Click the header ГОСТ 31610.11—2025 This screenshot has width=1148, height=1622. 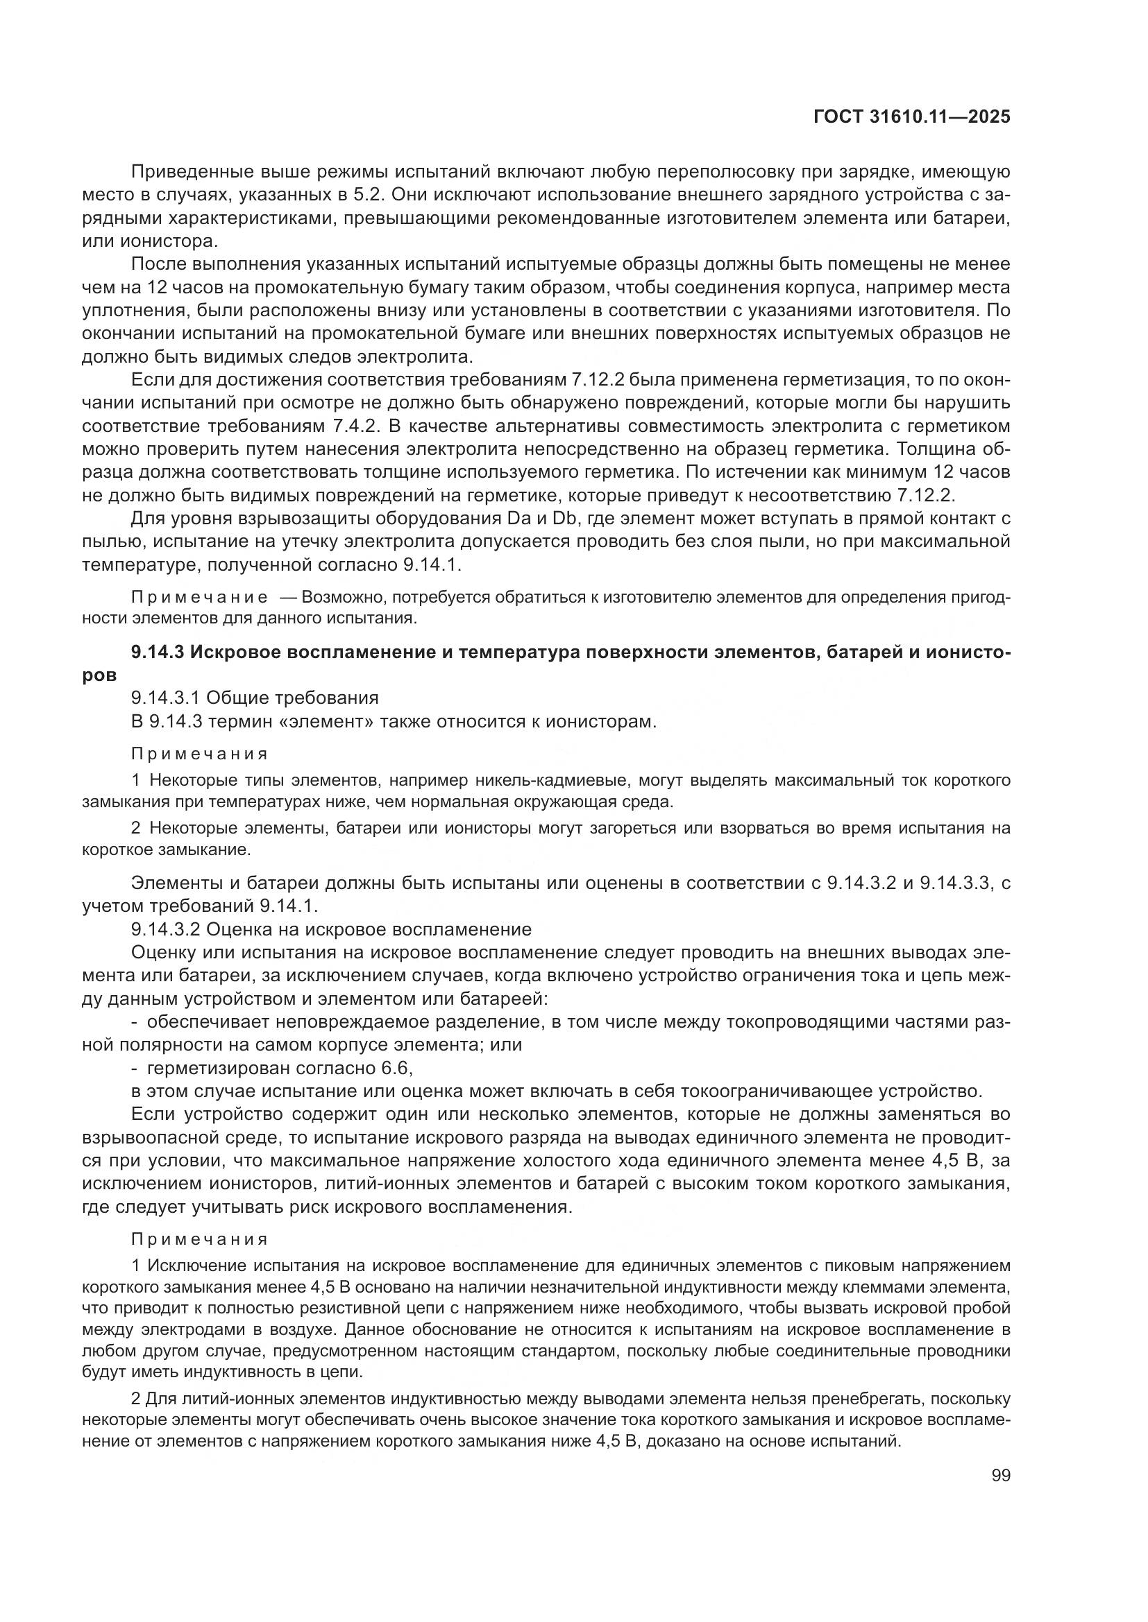(911, 117)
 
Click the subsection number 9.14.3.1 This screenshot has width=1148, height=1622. (166, 698)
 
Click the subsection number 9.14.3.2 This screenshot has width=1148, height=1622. (166, 929)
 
